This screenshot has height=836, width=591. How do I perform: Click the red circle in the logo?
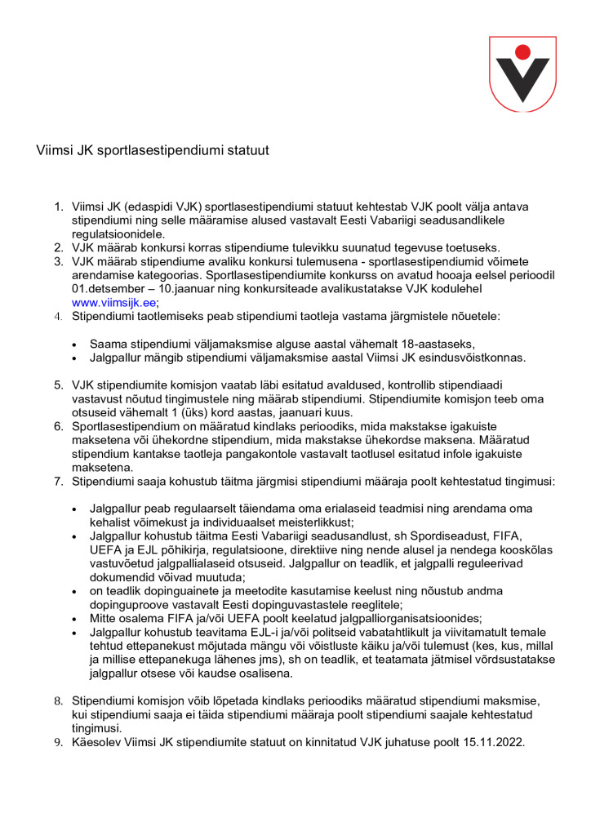tap(523, 52)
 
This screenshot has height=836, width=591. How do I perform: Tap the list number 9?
tap(58, 743)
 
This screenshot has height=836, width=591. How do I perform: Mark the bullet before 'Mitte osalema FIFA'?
tap(76, 618)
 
